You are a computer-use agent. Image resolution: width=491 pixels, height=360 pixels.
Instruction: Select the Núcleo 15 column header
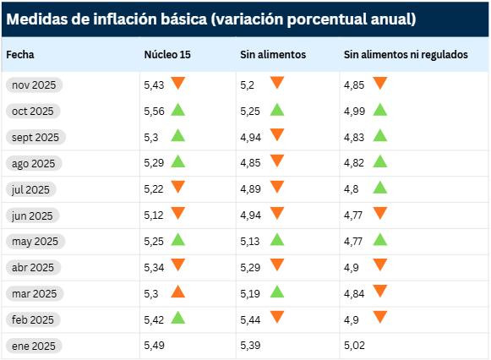166,55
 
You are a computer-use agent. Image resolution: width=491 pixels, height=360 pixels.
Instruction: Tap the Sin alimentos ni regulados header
405,55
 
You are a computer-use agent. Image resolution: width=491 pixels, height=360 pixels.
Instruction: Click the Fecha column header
20,55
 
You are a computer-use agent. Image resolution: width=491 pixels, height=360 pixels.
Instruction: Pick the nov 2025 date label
35,85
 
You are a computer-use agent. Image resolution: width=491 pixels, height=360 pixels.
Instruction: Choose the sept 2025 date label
35,137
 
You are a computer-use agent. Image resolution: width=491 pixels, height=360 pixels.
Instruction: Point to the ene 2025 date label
34,346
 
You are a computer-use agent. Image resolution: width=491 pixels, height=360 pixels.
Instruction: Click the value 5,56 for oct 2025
155,111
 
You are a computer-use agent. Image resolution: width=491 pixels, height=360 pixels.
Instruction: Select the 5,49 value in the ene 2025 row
155,346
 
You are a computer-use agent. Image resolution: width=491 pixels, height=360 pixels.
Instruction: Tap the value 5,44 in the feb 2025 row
252,319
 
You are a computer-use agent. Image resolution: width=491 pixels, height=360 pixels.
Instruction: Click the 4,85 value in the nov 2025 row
355,85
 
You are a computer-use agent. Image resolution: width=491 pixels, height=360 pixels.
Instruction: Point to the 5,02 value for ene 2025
355,346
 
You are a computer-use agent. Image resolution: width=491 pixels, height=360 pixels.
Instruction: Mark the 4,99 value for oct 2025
355,111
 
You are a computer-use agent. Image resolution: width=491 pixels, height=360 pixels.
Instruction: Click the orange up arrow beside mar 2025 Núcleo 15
177,292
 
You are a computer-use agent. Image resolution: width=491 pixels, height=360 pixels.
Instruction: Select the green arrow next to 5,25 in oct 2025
276,109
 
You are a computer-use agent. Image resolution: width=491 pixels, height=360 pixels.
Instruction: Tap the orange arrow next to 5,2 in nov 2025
276,83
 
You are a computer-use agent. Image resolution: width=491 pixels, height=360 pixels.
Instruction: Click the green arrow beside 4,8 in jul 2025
379,188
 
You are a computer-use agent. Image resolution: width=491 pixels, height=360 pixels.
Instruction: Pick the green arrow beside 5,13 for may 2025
276,239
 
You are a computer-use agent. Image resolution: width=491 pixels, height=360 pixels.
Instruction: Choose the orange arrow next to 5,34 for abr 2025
177,265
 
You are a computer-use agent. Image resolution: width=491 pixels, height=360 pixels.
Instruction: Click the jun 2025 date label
34,215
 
